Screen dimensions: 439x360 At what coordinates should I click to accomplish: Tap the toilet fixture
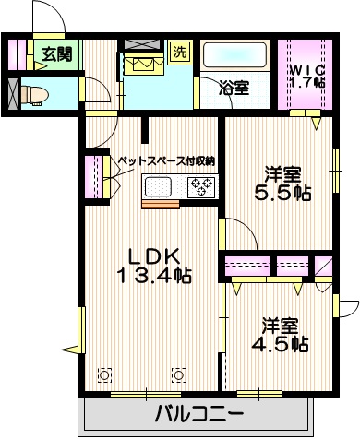pyautogui.click(x=34, y=93)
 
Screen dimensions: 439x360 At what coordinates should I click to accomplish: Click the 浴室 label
pyautogui.click(x=234, y=89)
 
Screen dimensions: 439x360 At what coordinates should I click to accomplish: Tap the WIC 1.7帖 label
pyautogui.click(x=305, y=75)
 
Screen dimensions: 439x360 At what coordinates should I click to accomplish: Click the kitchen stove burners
pyautogui.click(x=201, y=188)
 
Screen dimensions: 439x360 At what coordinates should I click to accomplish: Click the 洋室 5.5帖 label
pyautogui.click(x=282, y=183)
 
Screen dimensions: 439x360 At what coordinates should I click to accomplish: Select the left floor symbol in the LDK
pyautogui.click(x=104, y=374)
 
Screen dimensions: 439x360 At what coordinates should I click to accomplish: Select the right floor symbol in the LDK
pyautogui.click(x=178, y=374)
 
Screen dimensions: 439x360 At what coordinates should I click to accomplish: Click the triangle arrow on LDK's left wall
pyautogui.click(x=69, y=350)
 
